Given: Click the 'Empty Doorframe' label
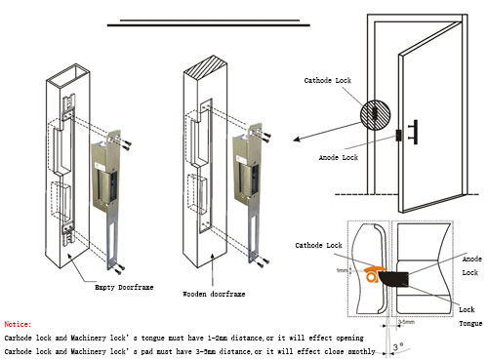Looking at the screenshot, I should [x=120, y=287].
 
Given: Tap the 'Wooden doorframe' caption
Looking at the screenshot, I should [x=214, y=293].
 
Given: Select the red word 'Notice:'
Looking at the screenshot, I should [x=18, y=323].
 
